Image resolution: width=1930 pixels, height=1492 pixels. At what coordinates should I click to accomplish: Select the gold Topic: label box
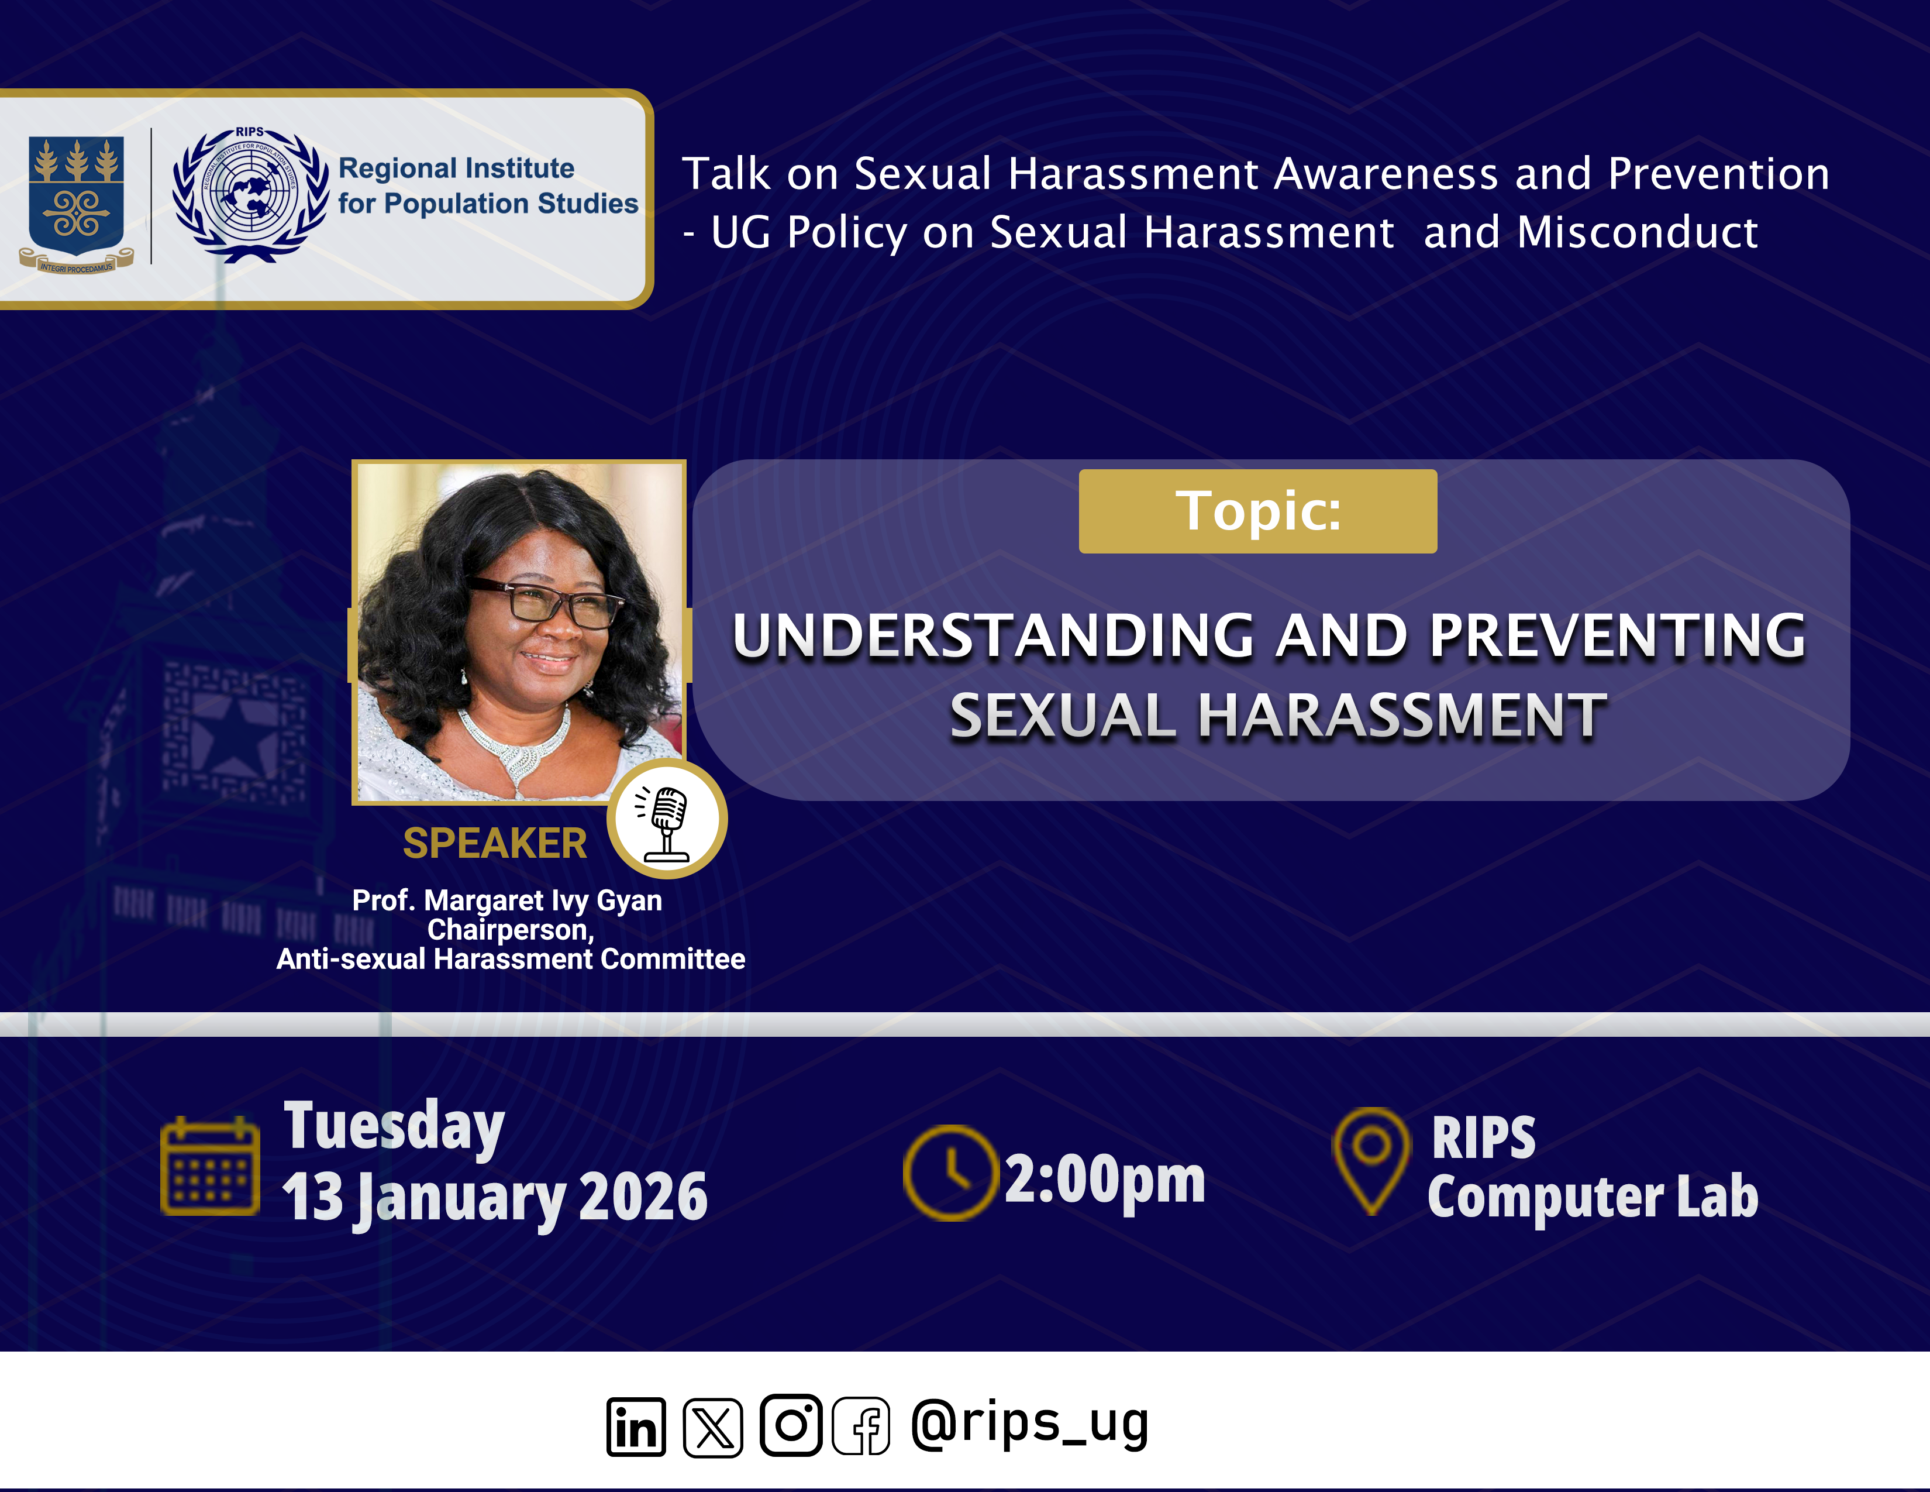tap(1257, 511)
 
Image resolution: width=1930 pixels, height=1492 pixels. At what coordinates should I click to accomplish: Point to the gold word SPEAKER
tap(495, 843)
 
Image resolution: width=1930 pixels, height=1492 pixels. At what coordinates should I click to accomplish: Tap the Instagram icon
tap(791, 1425)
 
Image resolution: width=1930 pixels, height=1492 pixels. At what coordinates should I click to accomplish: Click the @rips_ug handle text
tap(1029, 1423)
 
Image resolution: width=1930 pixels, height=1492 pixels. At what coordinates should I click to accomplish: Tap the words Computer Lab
tap(1593, 1197)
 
